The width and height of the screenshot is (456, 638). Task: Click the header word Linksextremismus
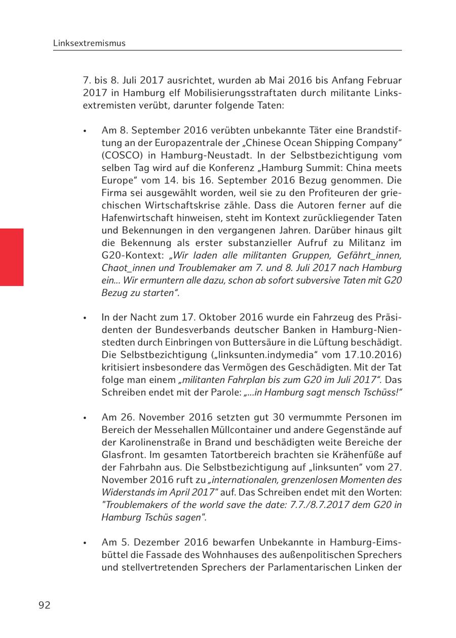click(x=89, y=44)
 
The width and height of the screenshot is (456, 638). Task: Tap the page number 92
click(x=45, y=605)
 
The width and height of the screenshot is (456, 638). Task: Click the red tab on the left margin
click(x=12, y=257)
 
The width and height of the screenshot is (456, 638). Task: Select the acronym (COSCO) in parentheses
click(x=122, y=155)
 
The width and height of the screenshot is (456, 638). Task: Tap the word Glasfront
click(x=123, y=454)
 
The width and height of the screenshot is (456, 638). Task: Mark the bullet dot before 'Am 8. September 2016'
click(x=85, y=131)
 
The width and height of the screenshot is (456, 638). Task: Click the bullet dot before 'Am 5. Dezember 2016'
click(x=85, y=543)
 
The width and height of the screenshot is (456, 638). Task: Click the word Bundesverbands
click(x=175, y=330)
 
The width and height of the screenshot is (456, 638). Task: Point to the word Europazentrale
click(x=175, y=143)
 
